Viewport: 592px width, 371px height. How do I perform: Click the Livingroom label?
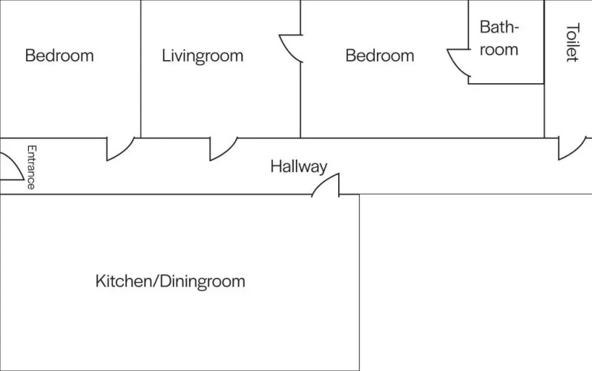(x=203, y=56)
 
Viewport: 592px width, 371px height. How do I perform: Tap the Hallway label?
(x=299, y=167)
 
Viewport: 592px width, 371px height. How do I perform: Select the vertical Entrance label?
(x=31, y=167)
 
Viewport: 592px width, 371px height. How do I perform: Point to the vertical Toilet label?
(x=573, y=42)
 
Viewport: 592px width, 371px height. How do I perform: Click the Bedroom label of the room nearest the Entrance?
(x=59, y=56)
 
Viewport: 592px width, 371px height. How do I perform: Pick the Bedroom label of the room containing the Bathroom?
(x=380, y=56)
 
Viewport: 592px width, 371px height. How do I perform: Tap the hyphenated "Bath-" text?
(x=499, y=27)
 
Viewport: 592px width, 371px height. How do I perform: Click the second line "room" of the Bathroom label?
(x=499, y=50)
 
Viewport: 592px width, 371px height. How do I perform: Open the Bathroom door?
(x=457, y=65)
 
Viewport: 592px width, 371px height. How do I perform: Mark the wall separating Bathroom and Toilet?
(x=544, y=42)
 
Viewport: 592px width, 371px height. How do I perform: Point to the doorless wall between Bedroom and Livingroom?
(x=141, y=69)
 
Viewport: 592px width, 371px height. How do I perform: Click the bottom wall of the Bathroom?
(x=506, y=83)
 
